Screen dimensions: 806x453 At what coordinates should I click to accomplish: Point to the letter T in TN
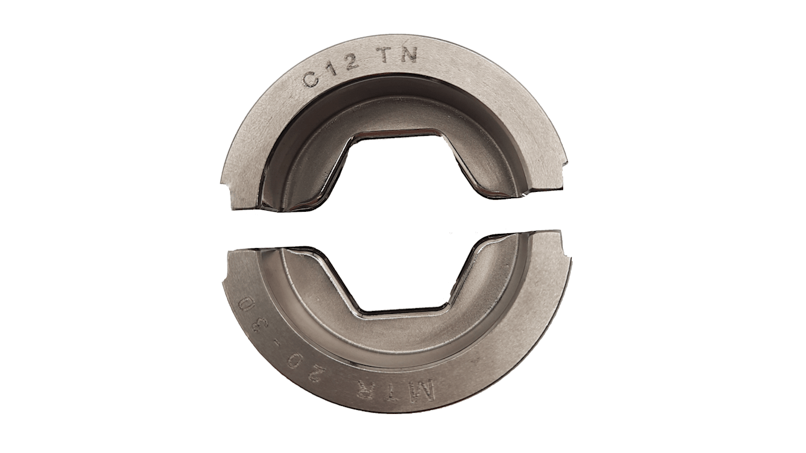click(385, 57)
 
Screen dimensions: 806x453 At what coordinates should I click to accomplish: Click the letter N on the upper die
click(409, 56)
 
